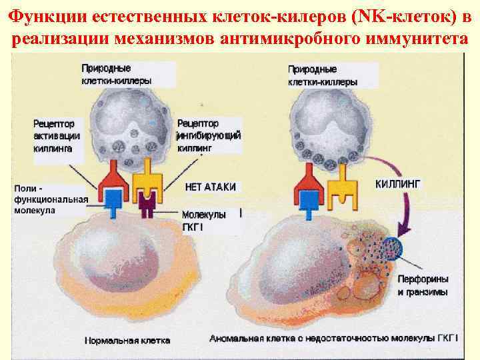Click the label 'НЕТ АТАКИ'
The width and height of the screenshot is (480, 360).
coord(209,187)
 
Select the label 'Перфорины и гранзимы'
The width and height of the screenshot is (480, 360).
coord(423,285)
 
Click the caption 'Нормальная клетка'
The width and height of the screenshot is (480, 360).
coord(127,340)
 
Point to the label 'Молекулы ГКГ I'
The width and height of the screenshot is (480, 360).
coord(203,220)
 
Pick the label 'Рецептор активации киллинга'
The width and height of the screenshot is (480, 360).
coord(57,136)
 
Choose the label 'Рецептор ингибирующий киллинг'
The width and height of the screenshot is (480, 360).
coord(208,136)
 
